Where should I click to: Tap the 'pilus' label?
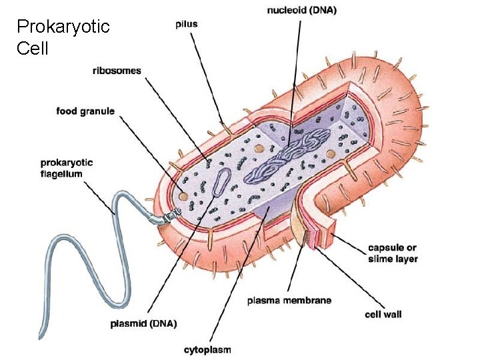pyautogui.click(x=186, y=24)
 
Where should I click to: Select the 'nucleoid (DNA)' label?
pyautogui.click(x=302, y=10)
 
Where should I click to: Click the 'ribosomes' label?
pyautogui.click(x=117, y=71)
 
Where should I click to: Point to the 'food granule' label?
pyautogui.click(x=85, y=111)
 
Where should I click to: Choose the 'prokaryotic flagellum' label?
pyautogui.click(x=67, y=168)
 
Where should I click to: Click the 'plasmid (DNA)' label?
pyautogui.click(x=143, y=324)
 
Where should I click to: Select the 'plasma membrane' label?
pyautogui.click(x=289, y=301)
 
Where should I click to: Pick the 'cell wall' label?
pyautogui.click(x=383, y=313)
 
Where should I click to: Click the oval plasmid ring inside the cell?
pyautogui.click(x=222, y=181)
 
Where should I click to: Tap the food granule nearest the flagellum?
pyautogui.click(x=182, y=196)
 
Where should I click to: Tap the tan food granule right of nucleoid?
pyautogui.click(x=331, y=155)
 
